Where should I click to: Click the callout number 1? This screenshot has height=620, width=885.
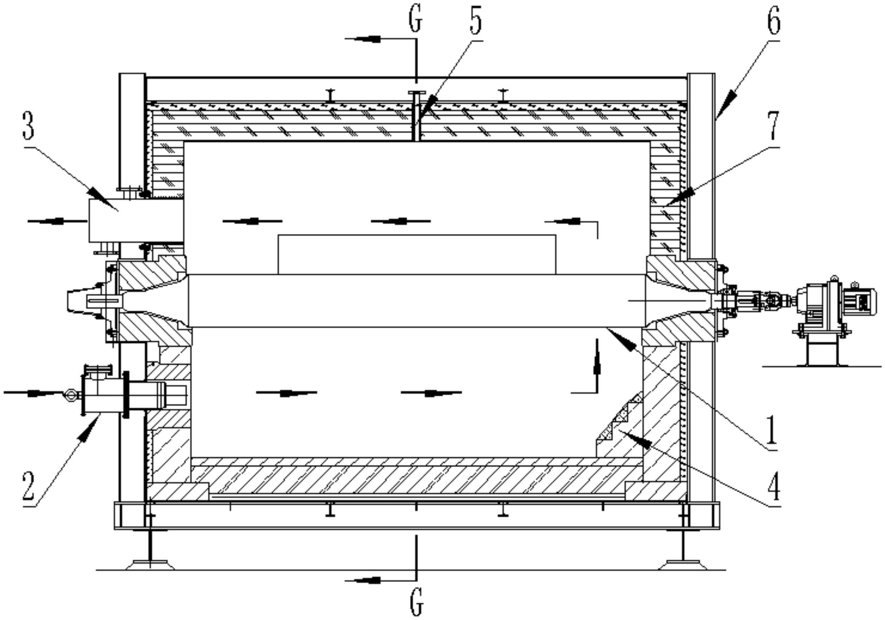772,429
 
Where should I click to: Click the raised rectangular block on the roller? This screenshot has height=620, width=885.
417,255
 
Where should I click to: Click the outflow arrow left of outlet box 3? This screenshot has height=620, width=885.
58,221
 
